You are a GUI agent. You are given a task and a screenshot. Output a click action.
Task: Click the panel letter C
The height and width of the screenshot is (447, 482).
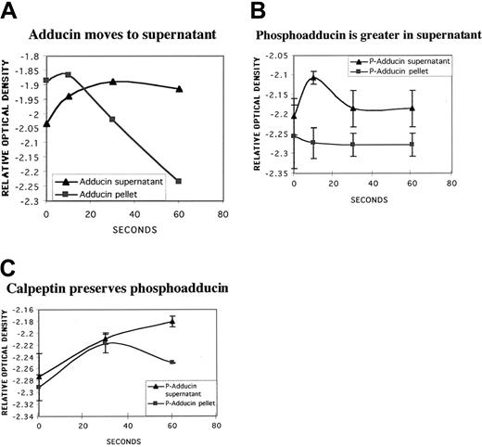tap(10, 267)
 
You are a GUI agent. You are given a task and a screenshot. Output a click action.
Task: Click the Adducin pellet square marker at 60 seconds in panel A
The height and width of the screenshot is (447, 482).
tap(179, 181)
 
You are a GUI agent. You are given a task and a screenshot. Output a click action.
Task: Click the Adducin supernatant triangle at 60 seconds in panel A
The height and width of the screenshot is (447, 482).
tap(179, 89)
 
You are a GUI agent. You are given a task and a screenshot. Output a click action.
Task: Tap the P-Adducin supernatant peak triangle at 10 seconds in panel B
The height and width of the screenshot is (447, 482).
tap(314, 79)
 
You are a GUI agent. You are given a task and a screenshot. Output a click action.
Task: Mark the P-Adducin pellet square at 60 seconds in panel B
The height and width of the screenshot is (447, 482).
tap(412, 144)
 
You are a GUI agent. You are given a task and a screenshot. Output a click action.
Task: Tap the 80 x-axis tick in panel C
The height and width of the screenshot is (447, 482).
tap(215, 426)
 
